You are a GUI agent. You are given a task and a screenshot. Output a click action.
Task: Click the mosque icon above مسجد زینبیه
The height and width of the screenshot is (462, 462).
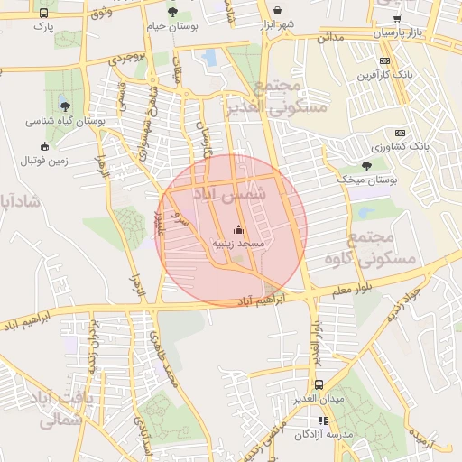[x=238, y=229]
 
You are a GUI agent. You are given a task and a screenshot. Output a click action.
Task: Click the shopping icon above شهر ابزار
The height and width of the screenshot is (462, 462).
[x=277, y=12]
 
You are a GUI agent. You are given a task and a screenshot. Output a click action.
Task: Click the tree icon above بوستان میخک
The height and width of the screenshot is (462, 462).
[x=366, y=166]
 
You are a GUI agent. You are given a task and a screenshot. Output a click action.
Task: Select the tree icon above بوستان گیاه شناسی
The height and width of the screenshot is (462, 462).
[x=65, y=106]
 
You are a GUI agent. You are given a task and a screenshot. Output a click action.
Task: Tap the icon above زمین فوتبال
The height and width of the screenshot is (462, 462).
[x=45, y=146]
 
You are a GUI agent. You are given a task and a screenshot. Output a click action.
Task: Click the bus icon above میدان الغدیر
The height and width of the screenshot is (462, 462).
[x=319, y=385]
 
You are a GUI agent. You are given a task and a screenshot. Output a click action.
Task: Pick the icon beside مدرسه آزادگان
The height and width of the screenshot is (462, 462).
[x=324, y=420]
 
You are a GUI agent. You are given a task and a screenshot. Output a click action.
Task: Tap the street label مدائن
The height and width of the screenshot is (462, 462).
[x=331, y=38]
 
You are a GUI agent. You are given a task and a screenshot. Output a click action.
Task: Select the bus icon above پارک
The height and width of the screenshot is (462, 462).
[x=44, y=14]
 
